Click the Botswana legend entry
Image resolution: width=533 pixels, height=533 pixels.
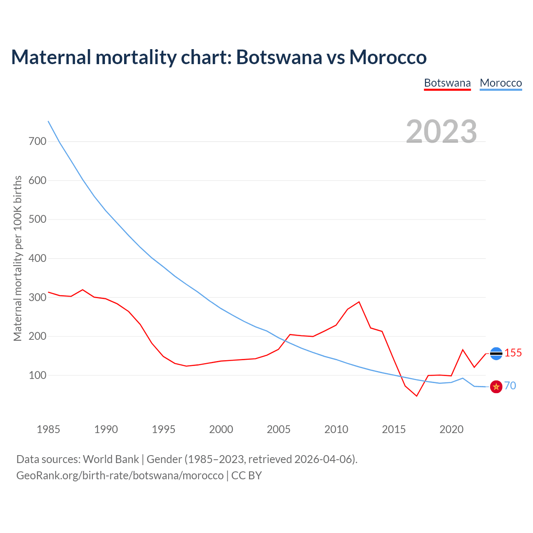point(447,83)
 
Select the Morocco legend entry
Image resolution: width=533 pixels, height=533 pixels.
point(501,83)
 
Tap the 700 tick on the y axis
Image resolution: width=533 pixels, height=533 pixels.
point(37,142)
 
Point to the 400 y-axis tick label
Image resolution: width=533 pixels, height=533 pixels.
point(37,259)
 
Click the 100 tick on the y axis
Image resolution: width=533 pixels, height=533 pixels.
point(37,376)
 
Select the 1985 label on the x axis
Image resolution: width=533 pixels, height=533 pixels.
point(48,429)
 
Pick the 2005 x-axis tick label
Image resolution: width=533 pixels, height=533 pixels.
point(279,429)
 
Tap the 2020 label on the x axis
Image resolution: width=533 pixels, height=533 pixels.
point(451,429)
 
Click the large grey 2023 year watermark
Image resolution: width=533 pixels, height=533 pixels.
point(441,131)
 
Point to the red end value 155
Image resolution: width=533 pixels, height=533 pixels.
point(513,353)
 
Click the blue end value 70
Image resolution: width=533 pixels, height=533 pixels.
point(510,386)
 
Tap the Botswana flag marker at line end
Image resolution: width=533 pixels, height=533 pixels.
point(496,354)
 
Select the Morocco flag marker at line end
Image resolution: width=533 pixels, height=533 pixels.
point(496,387)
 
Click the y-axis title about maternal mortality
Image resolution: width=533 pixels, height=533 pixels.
point(17,258)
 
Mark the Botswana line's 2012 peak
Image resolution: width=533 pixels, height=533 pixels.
point(359,302)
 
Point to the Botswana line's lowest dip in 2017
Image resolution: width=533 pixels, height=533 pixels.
point(416,396)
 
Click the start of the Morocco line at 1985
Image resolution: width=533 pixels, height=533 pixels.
point(48,121)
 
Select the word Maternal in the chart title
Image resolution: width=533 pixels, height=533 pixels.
point(51,57)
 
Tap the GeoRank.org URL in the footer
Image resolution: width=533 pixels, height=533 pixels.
point(120,475)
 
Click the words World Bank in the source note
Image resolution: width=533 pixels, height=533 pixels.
point(111,459)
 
